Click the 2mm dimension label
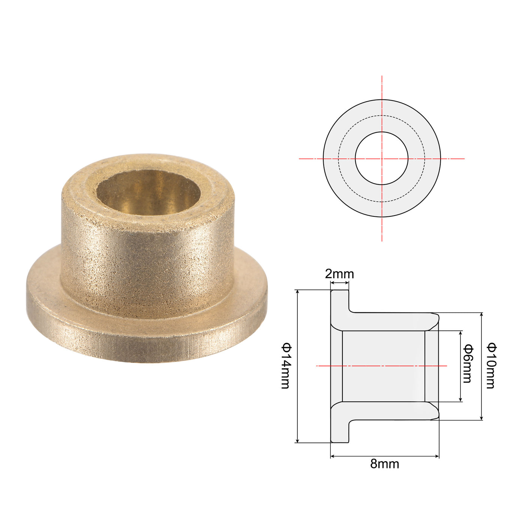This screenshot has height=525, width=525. [x=339, y=274]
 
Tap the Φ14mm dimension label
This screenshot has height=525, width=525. [x=286, y=366]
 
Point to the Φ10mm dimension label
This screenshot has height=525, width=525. [x=492, y=366]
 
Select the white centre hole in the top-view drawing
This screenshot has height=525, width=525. [x=381, y=158]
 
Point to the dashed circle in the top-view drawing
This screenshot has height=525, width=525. [x=381, y=115]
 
